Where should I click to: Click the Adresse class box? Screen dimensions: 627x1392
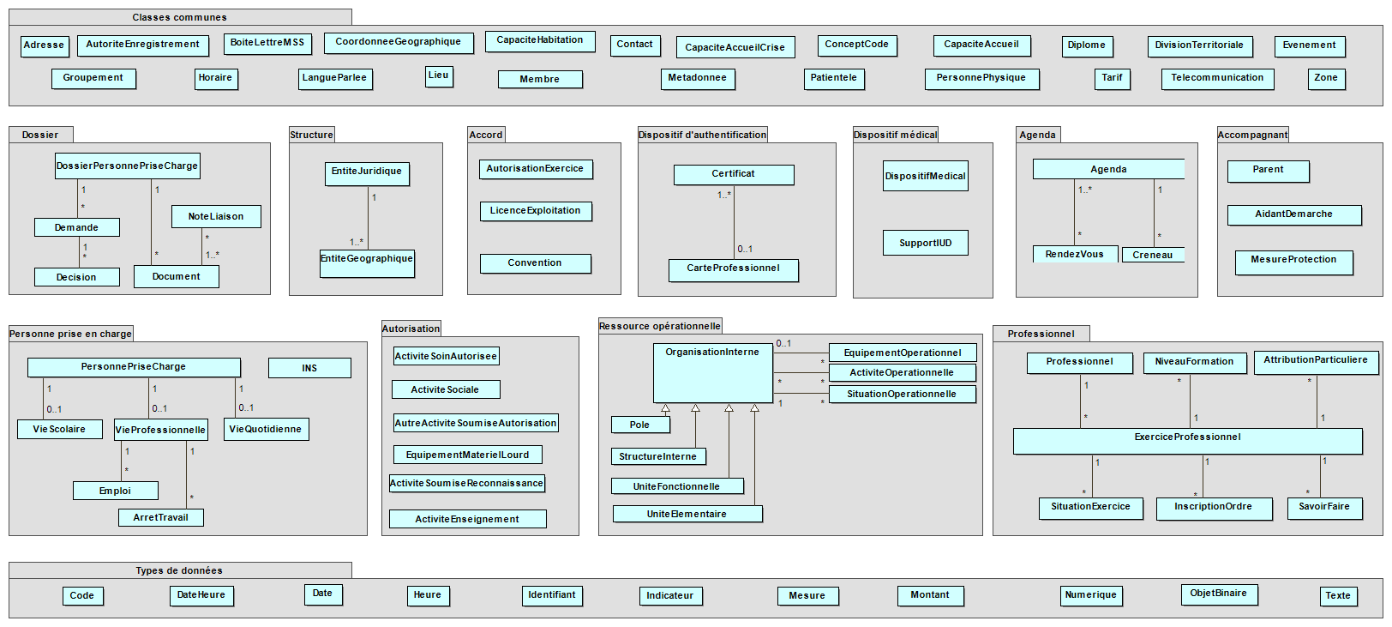click(x=44, y=45)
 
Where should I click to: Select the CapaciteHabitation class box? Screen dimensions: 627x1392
click(x=539, y=40)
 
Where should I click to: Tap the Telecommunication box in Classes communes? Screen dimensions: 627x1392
click(x=1216, y=78)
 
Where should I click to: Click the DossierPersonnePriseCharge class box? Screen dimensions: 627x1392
click(x=127, y=166)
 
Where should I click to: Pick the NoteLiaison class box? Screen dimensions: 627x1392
click(x=215, y=217)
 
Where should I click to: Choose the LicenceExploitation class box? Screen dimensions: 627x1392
click(x=535, y=211)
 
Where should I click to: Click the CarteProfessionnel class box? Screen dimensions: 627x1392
click(x=733, y=269)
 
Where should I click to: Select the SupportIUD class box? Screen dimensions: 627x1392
click(x=925, y=243)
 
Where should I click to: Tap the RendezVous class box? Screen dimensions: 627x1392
click(x=1074, y=255)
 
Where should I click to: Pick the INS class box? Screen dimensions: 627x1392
click(x=309, y=368)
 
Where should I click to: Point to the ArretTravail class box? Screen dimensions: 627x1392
click(x=160, y=517)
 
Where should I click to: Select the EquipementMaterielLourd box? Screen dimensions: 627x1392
click(x=467, y=455)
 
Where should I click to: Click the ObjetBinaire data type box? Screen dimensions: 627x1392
click(x=1217, y=594)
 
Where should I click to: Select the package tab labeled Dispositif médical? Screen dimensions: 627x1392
click(x=895, y=135)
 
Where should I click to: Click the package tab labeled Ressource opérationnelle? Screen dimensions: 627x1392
click(x=659, y=326)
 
